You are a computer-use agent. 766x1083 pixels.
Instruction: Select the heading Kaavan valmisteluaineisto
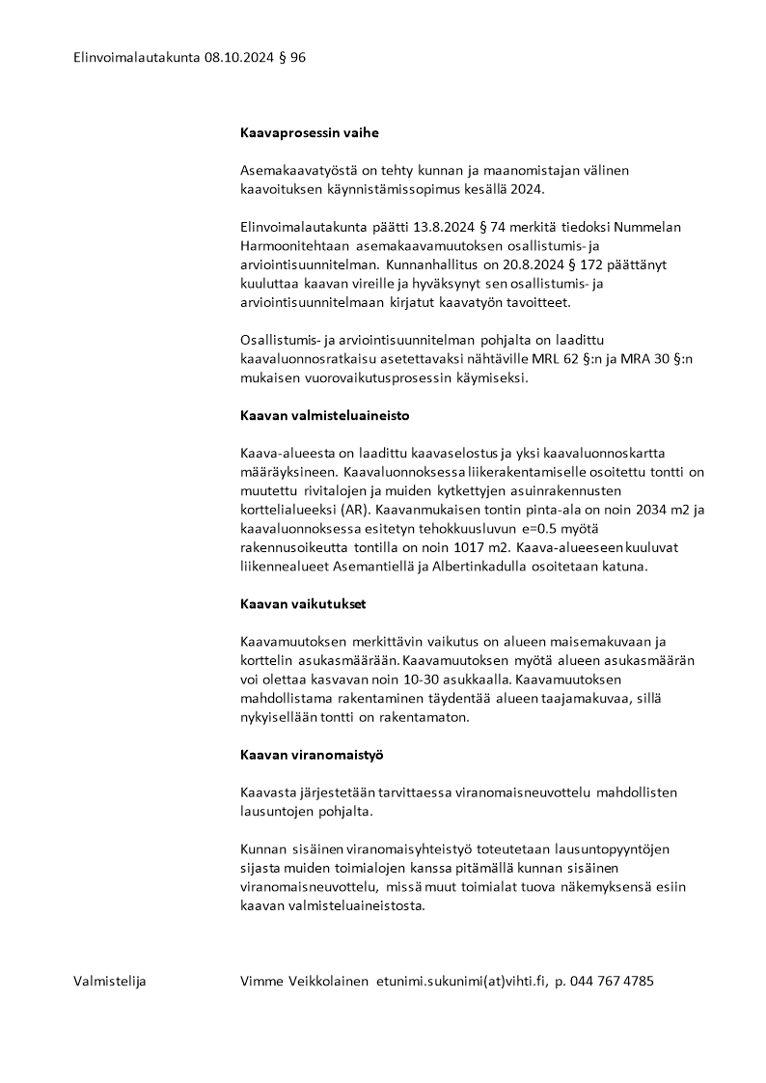[325, 416]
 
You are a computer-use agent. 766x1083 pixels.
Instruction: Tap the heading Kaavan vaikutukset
[302, 604]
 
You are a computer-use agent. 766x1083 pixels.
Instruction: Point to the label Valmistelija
[110, 982]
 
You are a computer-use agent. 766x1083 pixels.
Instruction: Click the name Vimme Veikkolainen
[304, 982]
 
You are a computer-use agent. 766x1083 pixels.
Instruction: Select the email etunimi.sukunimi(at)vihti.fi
[462, 982]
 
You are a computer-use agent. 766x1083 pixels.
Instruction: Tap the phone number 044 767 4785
[612, 982]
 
